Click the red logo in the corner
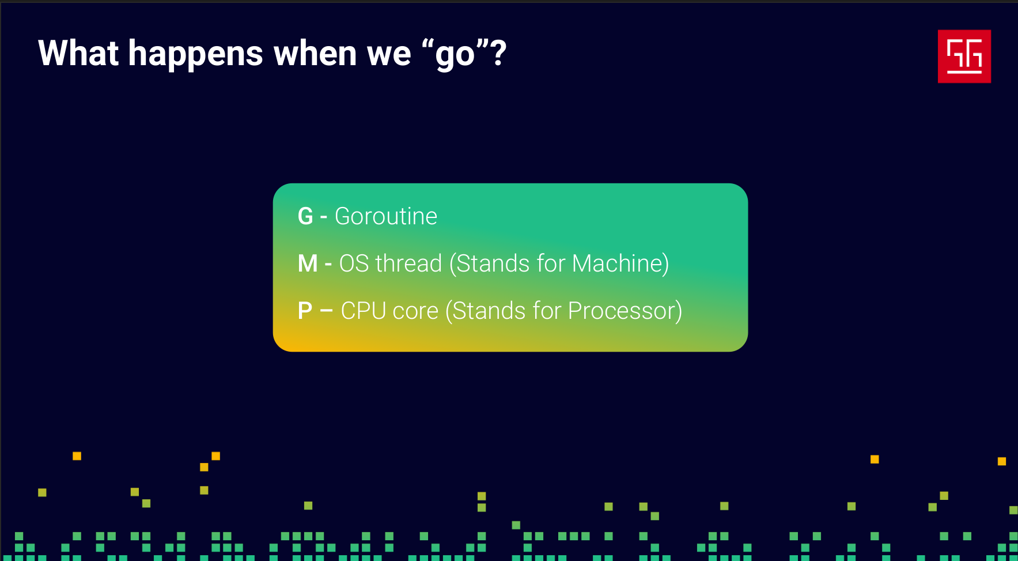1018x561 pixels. point(964,56)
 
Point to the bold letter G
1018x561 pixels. point(305,216)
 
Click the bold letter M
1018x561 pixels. point(308,263)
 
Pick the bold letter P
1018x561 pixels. point(305,311)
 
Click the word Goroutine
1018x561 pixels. point(386,216)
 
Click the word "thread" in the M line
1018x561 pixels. point(408,263)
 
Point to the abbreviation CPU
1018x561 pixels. point(364,311)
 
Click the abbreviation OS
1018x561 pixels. point(354,263)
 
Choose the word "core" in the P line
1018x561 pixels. point(415,312)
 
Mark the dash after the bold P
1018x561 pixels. point(326,311)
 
